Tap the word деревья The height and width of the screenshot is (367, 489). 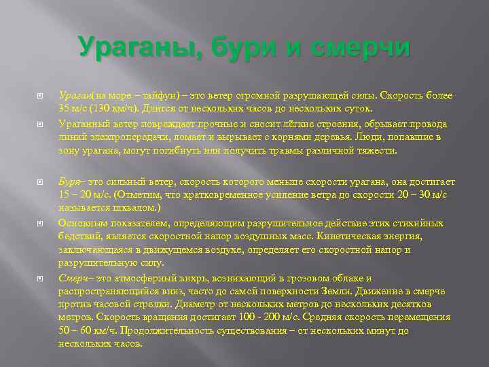(315, 137)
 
